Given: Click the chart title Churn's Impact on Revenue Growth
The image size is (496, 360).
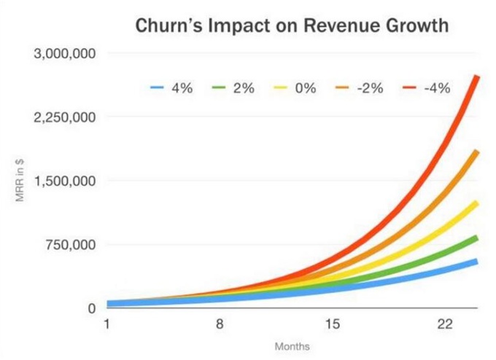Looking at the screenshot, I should [291, 27].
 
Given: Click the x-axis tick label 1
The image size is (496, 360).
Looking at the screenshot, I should [107, 324].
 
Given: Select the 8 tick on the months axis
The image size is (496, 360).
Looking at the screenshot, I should [220, 324].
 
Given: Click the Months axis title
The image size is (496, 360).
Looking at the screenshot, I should [292, 346].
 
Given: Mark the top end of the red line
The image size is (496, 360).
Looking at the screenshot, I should [477, 77].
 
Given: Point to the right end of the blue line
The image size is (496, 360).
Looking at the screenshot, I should [476, 261].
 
